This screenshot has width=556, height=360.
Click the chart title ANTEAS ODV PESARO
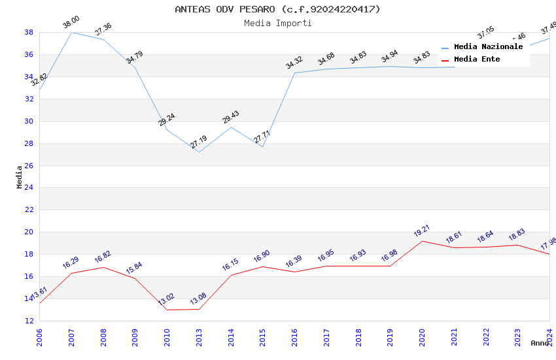[x=277, y=9]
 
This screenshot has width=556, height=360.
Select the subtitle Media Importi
[x=277, y=23]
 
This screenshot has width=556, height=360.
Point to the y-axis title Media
[x=20, y=177]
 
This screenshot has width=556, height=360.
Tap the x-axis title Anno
[x=540, y=343]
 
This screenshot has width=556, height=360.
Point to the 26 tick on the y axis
[x=29, y=166]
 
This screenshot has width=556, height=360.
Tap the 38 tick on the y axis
[x=29, y=32]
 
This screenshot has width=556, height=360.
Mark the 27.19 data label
[x=199, y=142]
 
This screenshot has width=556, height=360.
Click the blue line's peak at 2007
[x=71, y=32]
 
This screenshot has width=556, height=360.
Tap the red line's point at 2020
[x=422, y=241]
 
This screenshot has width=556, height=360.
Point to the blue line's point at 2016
[x=294, y=73]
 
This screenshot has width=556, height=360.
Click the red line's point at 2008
[x=103, y=267]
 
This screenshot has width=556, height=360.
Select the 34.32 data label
[x=294, y=63]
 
